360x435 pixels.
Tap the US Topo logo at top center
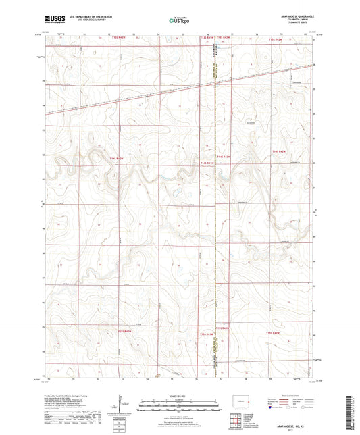point(180,20)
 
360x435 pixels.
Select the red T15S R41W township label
point(272,332)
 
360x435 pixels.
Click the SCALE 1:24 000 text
point(180,396)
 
